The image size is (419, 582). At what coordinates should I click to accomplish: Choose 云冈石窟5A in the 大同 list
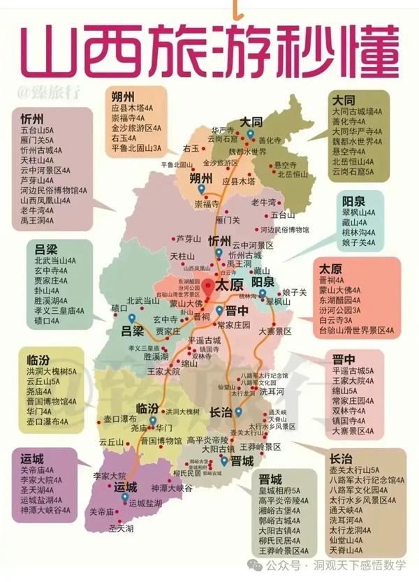[353, 170]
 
